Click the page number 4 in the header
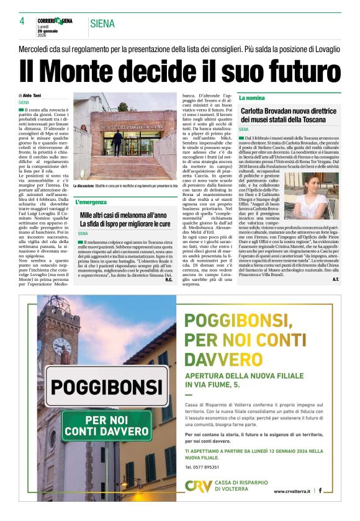pyautogui.click(x=22, y=21)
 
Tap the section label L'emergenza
pyautogui.click(x=92, y=202)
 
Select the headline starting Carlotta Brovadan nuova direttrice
pyautogui.click(x=284, y=115)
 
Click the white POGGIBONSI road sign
pyautogui.click(x=106, y=386)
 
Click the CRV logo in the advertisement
pyautogui.click(x=198, y=487)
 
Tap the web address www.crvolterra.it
pyautogui.click(x=293, y=491)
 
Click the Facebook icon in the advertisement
pyautogui.click(x=320, y=491)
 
